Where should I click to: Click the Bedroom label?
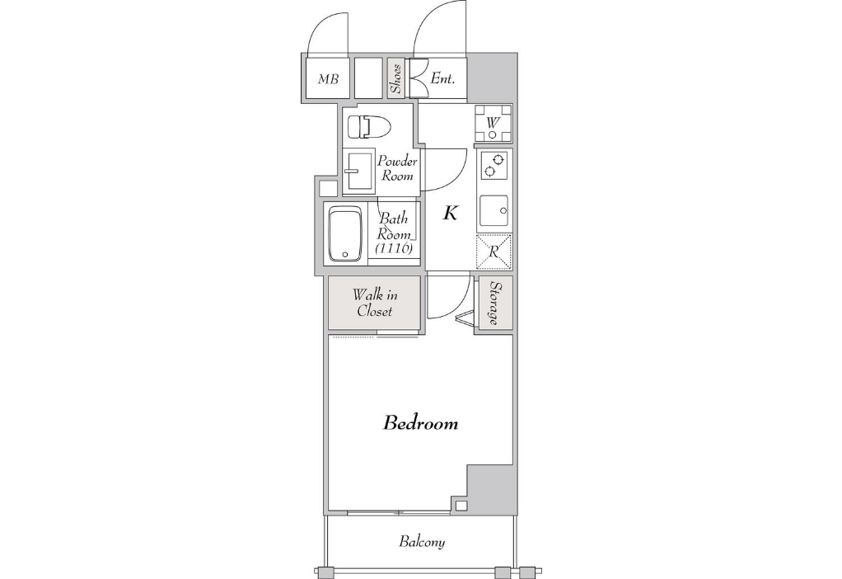click(420, 423)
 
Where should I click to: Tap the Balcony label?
click(422, 541)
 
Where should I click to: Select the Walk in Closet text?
click(375, 303)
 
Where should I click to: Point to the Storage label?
click(494, 304)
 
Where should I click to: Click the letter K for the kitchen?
click(450, 214)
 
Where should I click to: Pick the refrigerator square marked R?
click(494, 252)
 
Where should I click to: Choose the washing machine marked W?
click(493, 123)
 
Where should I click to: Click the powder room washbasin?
click(359, 171)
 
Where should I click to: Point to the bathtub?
click(345, 234)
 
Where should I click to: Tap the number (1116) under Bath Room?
click(394, 247)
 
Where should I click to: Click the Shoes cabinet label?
click(396, 78)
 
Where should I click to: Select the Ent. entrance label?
click(442, 79)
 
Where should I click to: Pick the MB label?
click(328, 79)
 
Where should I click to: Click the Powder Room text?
click(397, 168)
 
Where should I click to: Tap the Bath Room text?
click(394, 226)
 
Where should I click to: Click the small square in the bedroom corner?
click(461, 506)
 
